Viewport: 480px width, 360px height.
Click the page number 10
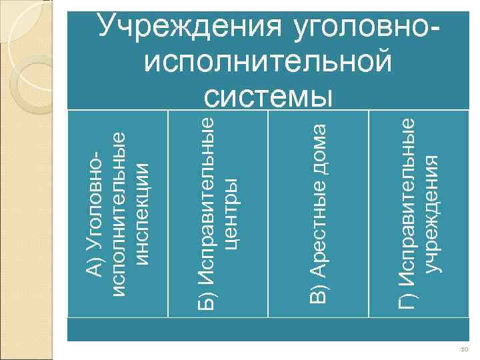point(464,349)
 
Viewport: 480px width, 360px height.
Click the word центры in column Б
point(231,212)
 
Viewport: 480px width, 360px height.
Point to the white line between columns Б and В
point(267,213)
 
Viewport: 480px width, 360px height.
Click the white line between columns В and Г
point(368,213)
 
